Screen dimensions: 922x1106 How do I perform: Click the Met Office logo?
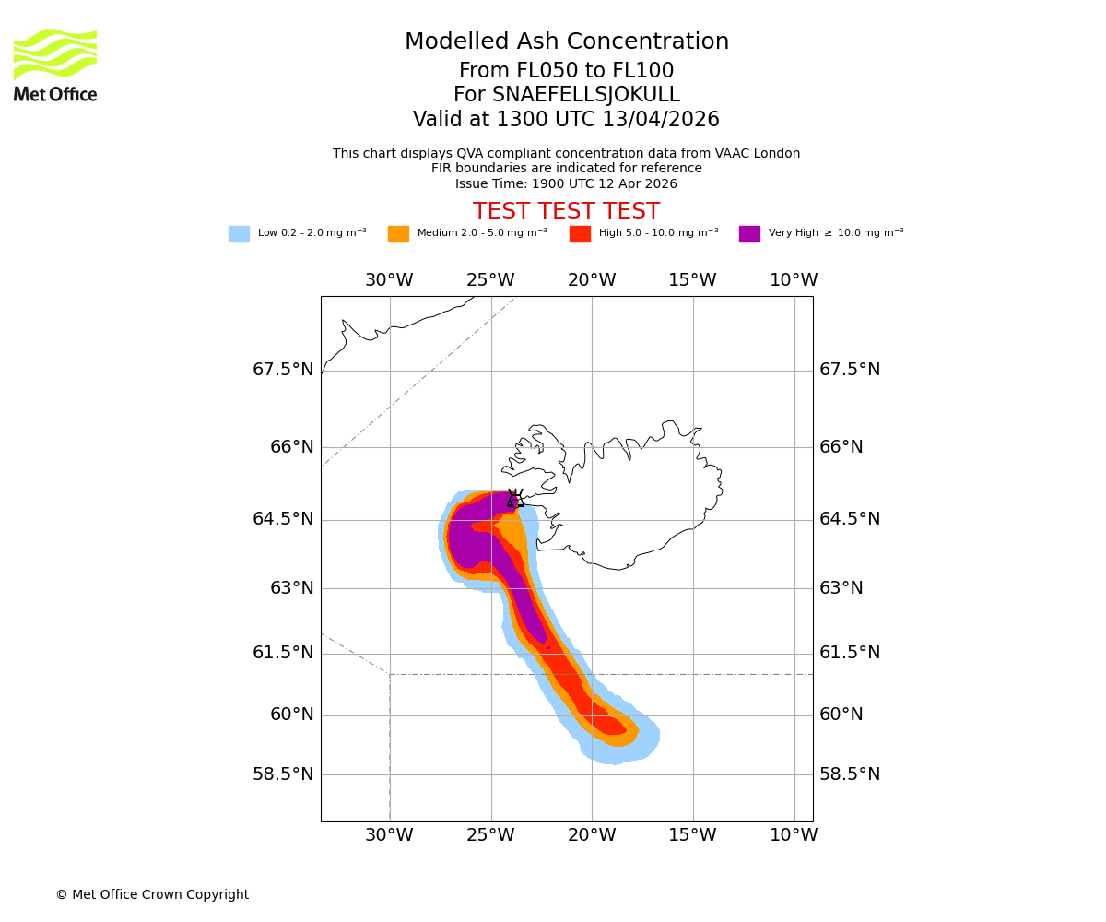click(x=55, y=65)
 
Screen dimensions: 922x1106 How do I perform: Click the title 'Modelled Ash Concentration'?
click(x=567, y=42)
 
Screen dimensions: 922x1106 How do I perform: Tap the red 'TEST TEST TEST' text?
click(x=566, y=212)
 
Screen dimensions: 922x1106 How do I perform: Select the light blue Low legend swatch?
click(x=239, y=234)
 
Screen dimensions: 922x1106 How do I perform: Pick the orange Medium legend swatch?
click(x=398, y=234)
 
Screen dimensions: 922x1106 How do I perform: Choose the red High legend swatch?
click(x=580, y=234)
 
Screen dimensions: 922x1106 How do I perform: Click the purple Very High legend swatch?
click(x=749, y=234)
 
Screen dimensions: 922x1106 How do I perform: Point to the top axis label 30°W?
click(x=389, y=280)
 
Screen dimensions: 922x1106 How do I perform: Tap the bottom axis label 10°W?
click(x=794, y=835)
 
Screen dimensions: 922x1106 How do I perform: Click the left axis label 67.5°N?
click(x=283, y=370)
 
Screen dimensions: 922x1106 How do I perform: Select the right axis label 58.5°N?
click(x=850, y=774)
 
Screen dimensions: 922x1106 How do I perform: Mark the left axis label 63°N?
click(x=291, y=588)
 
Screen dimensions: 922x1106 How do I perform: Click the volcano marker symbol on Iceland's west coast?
click(x=515, y=499)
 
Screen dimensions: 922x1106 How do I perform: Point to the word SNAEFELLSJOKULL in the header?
click(x=586, y=95)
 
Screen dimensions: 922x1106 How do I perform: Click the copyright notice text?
click(x=152, y=894)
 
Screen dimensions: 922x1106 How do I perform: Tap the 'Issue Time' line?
click(x=566, y=183)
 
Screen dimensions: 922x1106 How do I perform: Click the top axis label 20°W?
click(x=592, y=280)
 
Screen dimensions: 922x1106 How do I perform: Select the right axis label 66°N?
click(x=841, y=447)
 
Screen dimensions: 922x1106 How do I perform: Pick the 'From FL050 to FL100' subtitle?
click(x=566, y=71)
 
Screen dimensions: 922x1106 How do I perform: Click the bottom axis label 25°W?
click(x=490, y=835)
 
